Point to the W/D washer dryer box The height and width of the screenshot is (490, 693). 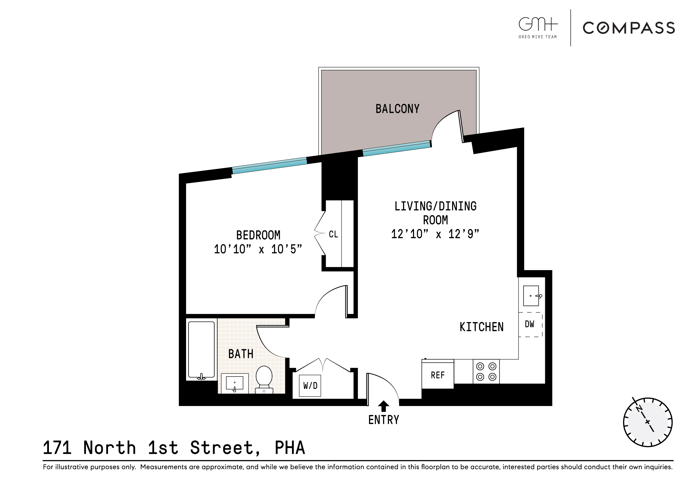310,386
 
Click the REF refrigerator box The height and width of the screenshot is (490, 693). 438,375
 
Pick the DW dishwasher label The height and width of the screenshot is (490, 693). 529,324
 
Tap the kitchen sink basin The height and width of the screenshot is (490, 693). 531,296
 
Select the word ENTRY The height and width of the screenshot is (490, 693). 384,420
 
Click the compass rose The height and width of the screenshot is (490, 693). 648,422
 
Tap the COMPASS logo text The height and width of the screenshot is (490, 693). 629,28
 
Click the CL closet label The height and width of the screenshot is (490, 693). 333,234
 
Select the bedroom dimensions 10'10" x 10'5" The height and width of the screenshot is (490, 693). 258,249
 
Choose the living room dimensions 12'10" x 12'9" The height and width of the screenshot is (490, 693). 435,234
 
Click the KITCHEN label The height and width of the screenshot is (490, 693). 481,327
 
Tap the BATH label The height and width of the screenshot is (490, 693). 240,354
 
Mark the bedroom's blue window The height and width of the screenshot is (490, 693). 270,166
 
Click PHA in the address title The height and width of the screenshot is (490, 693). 290,448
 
